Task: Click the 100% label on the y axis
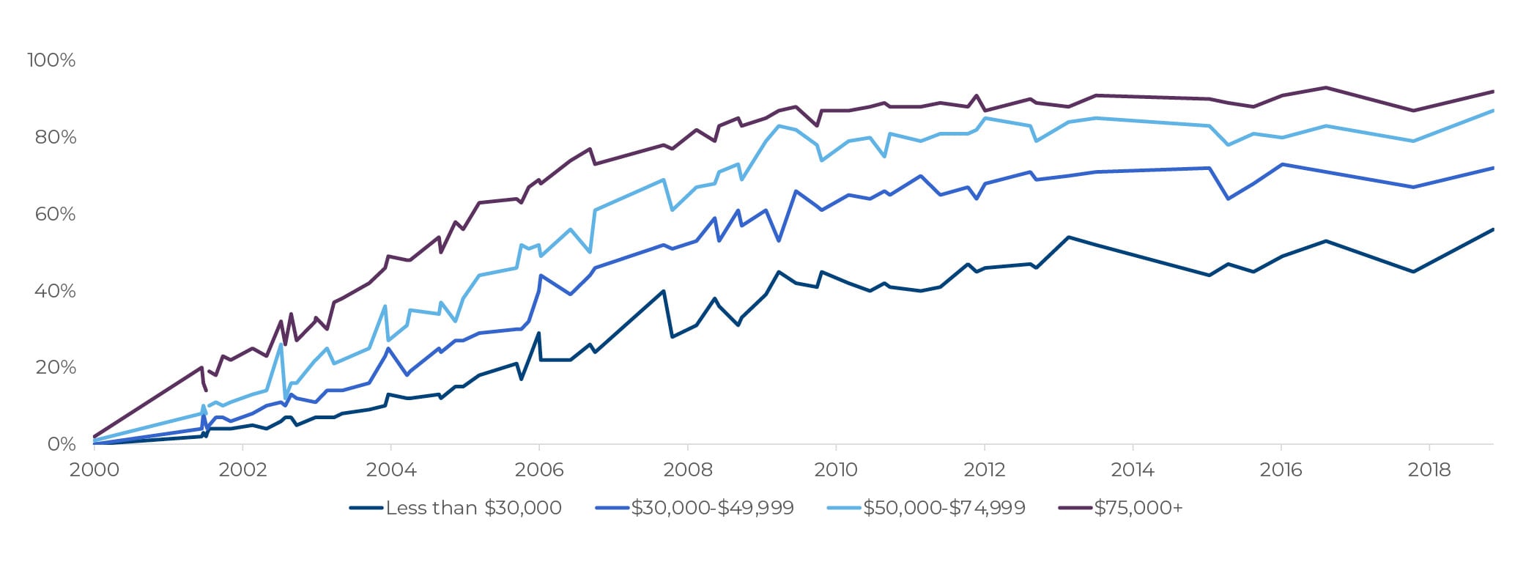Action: coord(51,60)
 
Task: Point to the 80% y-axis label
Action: coord(55,137)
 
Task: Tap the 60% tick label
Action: coord(55,214)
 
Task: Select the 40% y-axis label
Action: coord(55,291)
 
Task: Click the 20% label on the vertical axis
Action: coord(55,367)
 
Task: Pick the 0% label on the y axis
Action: coord(61,444)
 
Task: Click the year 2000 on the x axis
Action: coord(94,470)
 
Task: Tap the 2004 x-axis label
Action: coord(390,470)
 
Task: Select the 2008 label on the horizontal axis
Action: coord(687,470)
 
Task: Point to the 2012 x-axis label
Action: coord(984,470)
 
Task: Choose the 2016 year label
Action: coord(1281,470)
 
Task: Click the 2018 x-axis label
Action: coord(1429,470)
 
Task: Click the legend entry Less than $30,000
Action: coord(473,508)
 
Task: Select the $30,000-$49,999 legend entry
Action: coord(712,508)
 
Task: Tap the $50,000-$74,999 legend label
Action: coord(944,508)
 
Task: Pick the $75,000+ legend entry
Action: coord(1138,508)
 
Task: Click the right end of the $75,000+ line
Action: coord(1493,92)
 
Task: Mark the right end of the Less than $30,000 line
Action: coord(1493,229)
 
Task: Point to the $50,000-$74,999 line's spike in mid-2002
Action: coord(281,344)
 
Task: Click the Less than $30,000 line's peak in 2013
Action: coord(1069,237)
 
